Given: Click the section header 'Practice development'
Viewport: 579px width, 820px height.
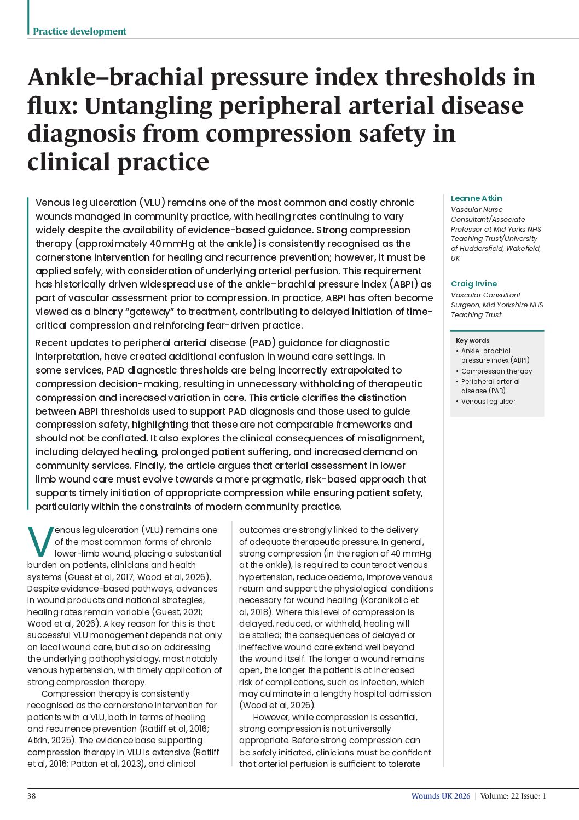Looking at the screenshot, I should pos(79,31).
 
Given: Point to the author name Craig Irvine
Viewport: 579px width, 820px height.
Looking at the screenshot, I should pos(474,284).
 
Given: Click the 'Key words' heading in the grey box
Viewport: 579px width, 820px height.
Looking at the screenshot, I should pos(472,340).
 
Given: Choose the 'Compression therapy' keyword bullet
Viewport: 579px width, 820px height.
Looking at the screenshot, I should pos(496,371).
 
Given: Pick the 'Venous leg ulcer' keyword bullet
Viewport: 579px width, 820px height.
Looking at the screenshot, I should pos(488,401).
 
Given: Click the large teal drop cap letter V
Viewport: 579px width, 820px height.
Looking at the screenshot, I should pos(40,542).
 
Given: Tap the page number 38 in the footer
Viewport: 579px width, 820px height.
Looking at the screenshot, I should pos(32,796).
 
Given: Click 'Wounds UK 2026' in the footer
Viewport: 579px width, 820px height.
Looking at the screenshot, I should pos(441,796).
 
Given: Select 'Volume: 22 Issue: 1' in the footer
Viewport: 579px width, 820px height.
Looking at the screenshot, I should pos(513,796).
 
